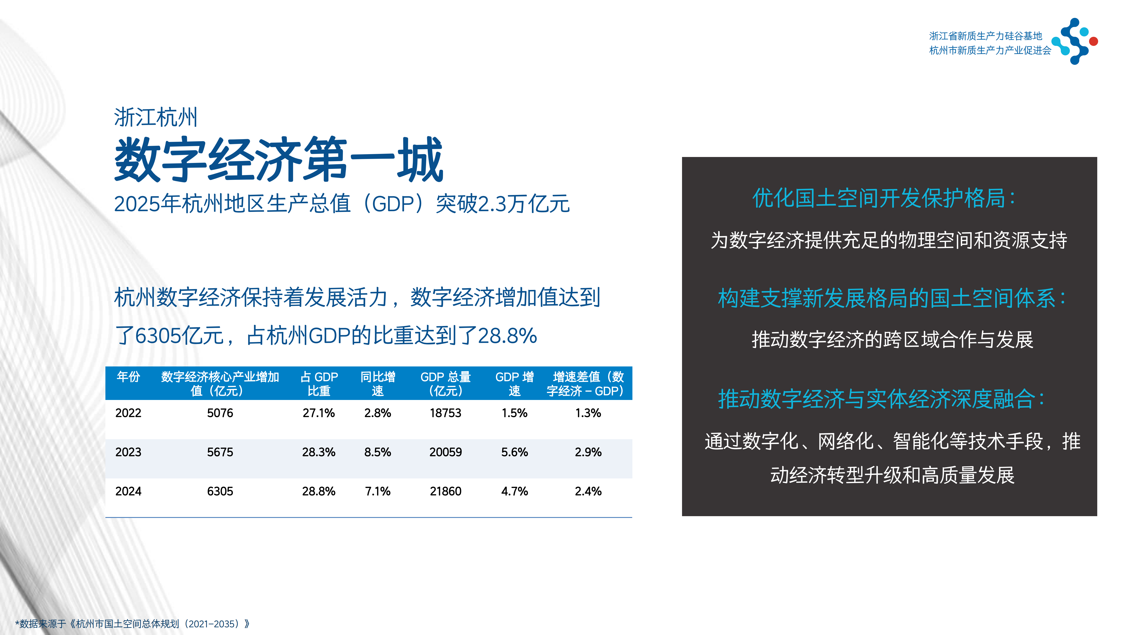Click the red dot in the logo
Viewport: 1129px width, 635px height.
coord(1093,41)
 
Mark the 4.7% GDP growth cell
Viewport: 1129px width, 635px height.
coord(514,491)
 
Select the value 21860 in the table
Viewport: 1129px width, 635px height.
coord(445,491)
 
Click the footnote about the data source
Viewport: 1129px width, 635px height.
coord(132,624)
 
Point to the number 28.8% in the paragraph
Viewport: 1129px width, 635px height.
coord(507,336)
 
